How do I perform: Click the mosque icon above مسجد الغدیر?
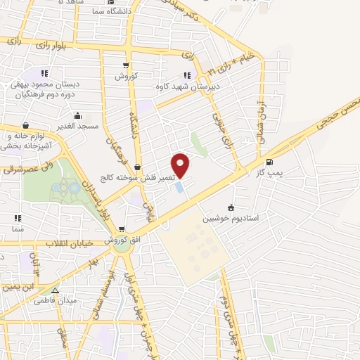pyautogui.click(x=77, y=115)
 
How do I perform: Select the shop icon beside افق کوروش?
pyautogui.click(x=122, y=230)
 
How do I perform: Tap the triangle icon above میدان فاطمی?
pyautogui.click(x=54, y=290)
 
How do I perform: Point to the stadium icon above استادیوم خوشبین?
pyautogui.click(x=231, y=207)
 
